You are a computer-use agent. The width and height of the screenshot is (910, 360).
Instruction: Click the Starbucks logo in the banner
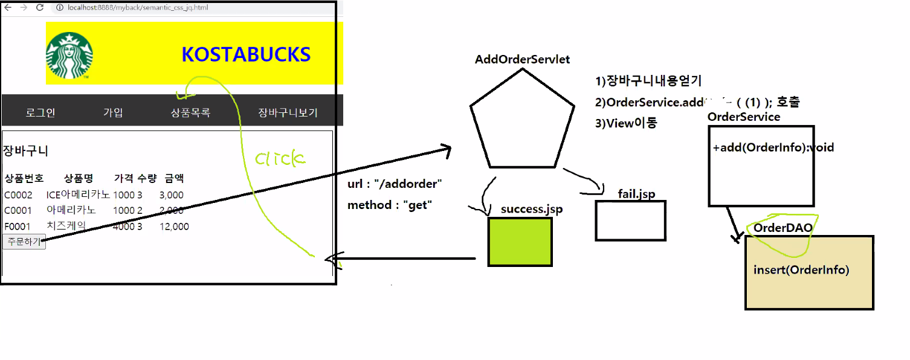pos(69,56)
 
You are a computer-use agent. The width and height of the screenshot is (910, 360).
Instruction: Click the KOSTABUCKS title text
pos(246,55)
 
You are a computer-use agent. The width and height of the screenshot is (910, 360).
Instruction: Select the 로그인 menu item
pos(40,113)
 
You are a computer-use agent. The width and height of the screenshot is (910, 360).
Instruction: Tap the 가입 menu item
pos(113,113)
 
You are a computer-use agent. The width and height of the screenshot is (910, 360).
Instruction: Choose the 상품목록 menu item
pos(190,113)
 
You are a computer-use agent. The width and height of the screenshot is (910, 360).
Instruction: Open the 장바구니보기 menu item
pos(288,113)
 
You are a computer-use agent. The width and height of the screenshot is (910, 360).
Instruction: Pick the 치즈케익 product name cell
pos(66,226)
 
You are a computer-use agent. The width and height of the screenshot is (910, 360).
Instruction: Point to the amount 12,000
pos(174,227)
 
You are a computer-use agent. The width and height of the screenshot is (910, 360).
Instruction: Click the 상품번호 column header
pos(24,178)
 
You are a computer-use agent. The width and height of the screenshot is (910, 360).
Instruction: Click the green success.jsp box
pos(520,242)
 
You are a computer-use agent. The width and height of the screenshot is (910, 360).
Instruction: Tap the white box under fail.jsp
pos(630,220)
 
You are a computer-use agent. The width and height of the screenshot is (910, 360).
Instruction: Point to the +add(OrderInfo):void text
pos(773,147)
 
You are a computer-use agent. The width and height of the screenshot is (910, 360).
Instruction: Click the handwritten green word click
pos(280,159)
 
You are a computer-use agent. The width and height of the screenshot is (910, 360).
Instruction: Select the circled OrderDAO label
pos(783,228)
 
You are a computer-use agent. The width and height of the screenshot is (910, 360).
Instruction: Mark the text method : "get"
pos(389,205)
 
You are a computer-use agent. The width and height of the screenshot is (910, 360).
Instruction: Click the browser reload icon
pos(40,7)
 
